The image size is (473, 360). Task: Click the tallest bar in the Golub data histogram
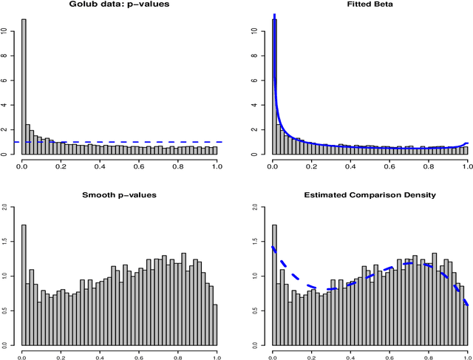click(x=24, y=81)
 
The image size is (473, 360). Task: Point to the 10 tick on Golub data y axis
click(x=6, y=32)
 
